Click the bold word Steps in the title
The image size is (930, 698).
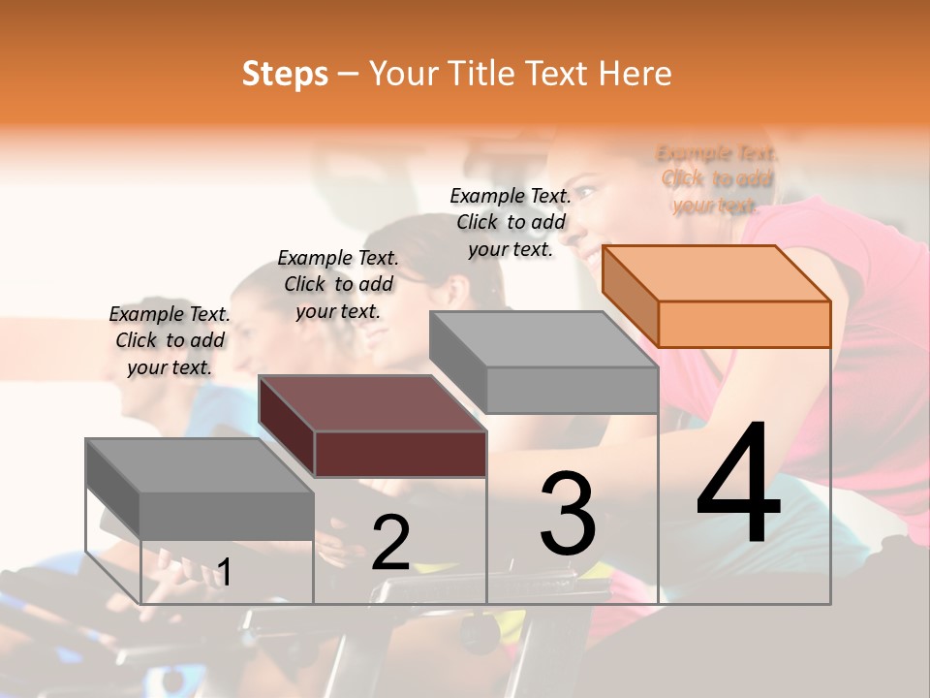click(x=285, y=74)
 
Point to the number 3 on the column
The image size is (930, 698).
click(x=567, y=514)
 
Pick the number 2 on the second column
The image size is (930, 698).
click(x=390, y=543)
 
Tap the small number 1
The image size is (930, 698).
click(x=224, y=572)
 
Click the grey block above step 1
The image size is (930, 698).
click(x=200, y=465)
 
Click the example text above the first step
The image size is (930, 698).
click(x=170, y=340)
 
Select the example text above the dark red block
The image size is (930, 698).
click(x=338, y=284)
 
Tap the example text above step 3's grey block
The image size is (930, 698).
click(x=511, y=222)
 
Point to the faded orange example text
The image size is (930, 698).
click(x=717, y=179)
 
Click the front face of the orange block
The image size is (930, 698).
click(x=744, y=324)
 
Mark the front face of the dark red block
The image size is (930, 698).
click(x=400, y=454)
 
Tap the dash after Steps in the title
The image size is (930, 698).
click(x=349, y=74)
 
